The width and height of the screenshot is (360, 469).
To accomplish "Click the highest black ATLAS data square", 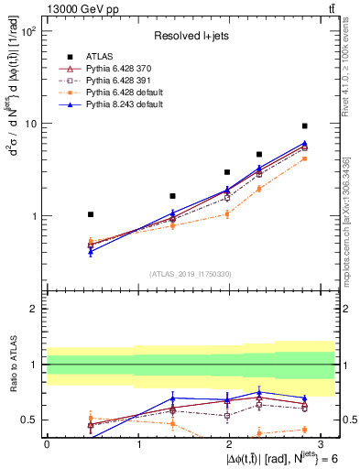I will coord(305,125).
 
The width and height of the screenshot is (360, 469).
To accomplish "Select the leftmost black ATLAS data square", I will coord(90,214).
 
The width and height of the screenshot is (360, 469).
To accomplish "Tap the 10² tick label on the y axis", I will coord(29,31).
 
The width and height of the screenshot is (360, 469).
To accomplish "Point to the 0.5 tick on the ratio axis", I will coord(27,420).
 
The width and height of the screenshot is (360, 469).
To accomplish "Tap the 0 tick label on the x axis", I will coord(47,444).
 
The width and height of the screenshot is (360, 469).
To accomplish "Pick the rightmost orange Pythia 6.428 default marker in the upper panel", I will coord(305,158).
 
